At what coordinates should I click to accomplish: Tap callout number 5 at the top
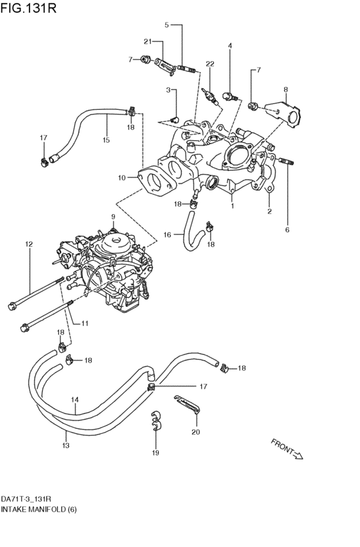click(x=166, y=25)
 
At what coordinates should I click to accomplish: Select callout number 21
click(x=147, y=42)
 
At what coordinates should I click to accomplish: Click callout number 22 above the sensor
click(x=210, y=63)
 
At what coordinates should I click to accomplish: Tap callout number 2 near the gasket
click(x=270, y=211)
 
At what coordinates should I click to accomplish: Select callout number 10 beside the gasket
click(x=122, y=177)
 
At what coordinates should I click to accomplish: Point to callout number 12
click(x=29, y=244)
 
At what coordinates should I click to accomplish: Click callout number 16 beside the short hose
click(x=166, y=235)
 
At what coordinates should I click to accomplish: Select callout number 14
click(x=75, y=399)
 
